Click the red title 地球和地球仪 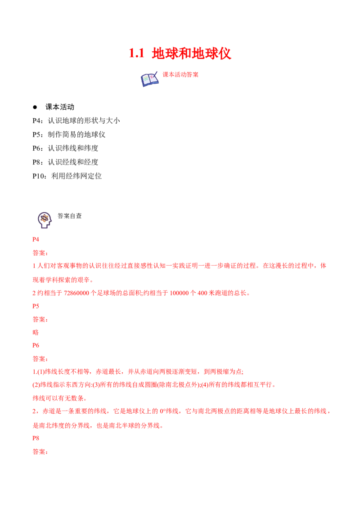coord(191,54)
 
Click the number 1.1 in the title coord(136,54)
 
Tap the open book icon coord(149,79)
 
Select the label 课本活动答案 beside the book coord(180,75)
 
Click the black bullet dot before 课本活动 coord(35,107)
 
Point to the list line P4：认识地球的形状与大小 coord(76,121)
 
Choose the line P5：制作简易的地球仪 coord(69,134)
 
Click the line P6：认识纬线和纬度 coord(65,148)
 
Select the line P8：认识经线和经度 coord(65,162)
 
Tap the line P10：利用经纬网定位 coord(67,176)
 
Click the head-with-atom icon coord(45,220)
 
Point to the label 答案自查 coord(70,216)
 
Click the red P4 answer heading coord(36,240)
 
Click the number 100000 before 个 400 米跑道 coord(180,293)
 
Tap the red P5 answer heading coord(36,306)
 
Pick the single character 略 coord(36,332)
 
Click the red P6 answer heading coord(36,345)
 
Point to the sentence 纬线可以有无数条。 coord(60,398)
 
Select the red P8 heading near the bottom coord(36,438)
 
